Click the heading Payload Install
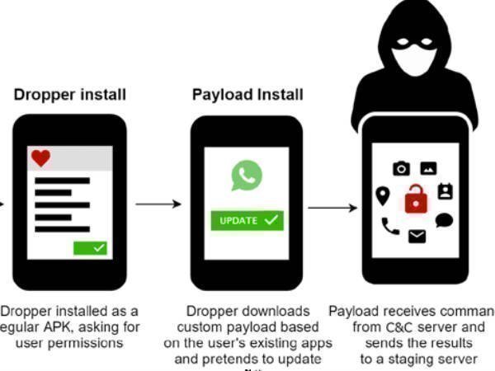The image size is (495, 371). [x=247, y=95]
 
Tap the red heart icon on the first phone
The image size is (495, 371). [x=40, y=157]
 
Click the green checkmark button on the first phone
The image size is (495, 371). [x=91, y=247]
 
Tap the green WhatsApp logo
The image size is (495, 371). [x=246, y=176]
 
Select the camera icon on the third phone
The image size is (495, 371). [x=401, y=168]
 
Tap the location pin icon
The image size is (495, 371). [x=382, y=195]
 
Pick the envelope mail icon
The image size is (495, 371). [x=417, y=237]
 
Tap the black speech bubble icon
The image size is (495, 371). [x=444, y=221]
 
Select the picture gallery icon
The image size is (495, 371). [x=428, y=168]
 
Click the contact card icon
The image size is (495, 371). [x=445, y=192]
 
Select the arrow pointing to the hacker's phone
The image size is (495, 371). [x=332, y=208]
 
